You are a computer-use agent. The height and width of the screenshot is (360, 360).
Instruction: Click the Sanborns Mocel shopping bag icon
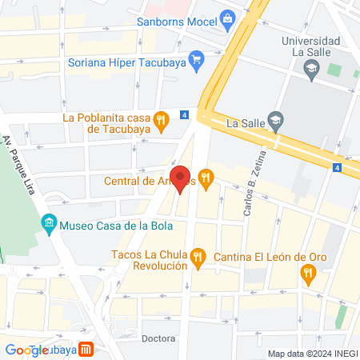tap(227, 18)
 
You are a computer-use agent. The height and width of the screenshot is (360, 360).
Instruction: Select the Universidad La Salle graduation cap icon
tap(310, 70)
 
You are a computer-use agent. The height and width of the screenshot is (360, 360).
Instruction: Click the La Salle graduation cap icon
tap(275, 123)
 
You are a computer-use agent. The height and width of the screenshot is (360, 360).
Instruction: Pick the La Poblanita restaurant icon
tap(162, 122)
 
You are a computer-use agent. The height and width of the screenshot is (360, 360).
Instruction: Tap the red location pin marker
tap(181, 178)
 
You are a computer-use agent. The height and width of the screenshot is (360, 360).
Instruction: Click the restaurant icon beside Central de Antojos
tap(206, 180)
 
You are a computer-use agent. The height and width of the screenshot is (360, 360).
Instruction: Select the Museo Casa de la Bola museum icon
tap(50, 223)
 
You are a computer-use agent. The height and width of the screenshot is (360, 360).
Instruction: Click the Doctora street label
tap(158, 338)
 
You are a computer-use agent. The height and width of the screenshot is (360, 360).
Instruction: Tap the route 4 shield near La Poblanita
tap(185, 114)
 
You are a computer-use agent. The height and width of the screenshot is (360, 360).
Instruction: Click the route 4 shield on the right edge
tap(337, 167)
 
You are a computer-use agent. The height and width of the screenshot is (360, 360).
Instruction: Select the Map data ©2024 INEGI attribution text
tap(312, 354)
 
